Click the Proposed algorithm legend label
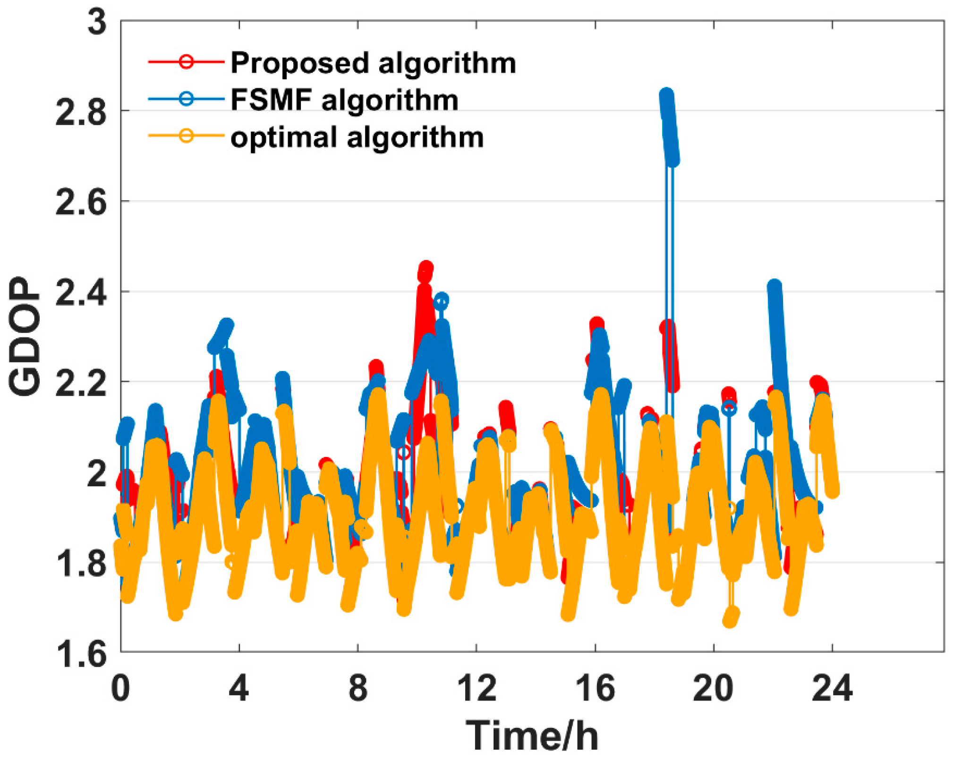373,63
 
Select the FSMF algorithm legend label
344,100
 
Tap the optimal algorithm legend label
357,137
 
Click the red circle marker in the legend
187,61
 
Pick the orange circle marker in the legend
187,136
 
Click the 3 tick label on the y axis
97,22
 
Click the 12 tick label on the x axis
477,688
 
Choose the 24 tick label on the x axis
832,688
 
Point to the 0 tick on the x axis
121,688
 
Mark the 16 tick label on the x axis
596,688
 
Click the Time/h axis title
532,735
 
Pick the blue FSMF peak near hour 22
774,287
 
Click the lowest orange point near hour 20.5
731,618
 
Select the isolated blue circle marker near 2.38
441,300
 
